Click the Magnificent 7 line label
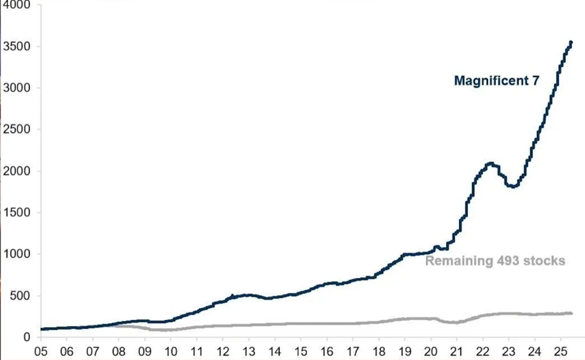click(x=496, y=80)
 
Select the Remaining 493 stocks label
click(x=495, y=261)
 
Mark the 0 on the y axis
click(x=27, y=337)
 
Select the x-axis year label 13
click(x=248, y=351)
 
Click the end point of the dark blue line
click(x=571, y=43)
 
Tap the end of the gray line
click(x=571, y=313)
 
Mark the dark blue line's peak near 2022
click(x=490, y=163)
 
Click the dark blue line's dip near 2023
click(x=512, y=186)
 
